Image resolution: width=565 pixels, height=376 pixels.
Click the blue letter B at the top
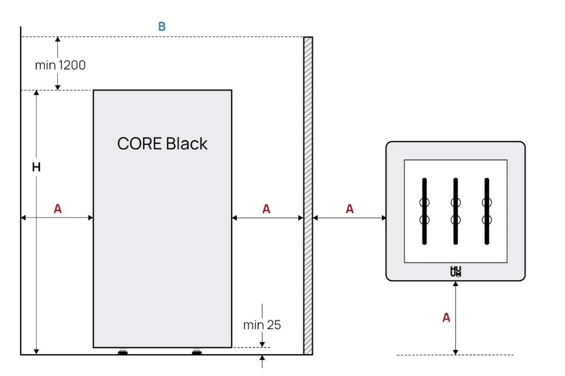tap(161, 26)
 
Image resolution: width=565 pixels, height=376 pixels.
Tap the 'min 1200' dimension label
tap(60, 65)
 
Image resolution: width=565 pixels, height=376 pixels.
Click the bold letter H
tap(36, 167)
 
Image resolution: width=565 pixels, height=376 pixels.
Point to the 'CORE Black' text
tap(162, 143)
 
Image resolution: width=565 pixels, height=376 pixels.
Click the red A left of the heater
tap(57, 209)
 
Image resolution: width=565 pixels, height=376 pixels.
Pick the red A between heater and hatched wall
tap(266, 209)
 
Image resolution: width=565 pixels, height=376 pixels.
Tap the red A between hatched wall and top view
tap(349, 209)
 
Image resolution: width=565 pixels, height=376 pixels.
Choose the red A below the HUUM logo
tap(446, 318)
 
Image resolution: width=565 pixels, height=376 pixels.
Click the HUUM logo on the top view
tap(455, 272)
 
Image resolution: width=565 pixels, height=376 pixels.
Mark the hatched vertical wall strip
tap(308, 196)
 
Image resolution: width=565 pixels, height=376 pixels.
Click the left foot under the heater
tap(123, 351)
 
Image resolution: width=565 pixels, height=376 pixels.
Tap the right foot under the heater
tap(197, 351)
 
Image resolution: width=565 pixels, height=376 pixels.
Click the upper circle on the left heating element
tap(424, 203)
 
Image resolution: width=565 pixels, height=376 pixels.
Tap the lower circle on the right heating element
tap(486, 220)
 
